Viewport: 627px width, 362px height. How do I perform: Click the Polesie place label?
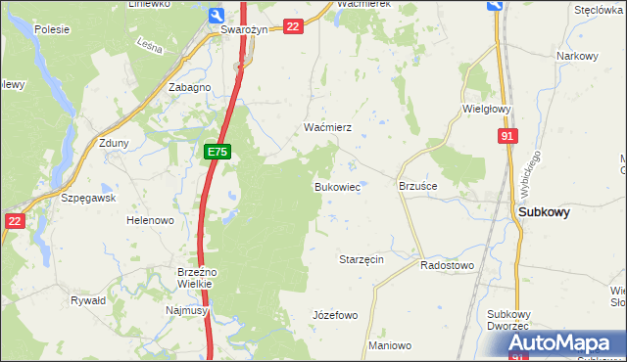(x=51, y=29)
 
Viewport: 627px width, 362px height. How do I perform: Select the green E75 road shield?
(x=217, y=153)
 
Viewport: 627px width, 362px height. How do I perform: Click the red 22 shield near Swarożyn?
(x=292, y=26)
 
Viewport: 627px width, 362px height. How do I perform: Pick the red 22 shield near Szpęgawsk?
(x=13, y=221)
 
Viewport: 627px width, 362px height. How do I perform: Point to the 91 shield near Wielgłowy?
(x=506, y=138)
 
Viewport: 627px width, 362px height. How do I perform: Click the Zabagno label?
(x=190, y=87)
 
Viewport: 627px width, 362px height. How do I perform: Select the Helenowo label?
(x=150, y=221)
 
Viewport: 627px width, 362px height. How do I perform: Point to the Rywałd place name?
(x=88, y=301)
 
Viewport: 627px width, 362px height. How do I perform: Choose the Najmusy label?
(x=185, y=309)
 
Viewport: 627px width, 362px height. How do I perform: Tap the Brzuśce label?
(x=417, y=185)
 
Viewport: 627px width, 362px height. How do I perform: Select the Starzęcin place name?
(x=361, y=259)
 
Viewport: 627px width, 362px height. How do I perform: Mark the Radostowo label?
(x=447, y=265)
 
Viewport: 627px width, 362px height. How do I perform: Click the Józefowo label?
(x=334, y=315)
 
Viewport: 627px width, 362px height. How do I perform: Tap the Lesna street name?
(x=149, y=45)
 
